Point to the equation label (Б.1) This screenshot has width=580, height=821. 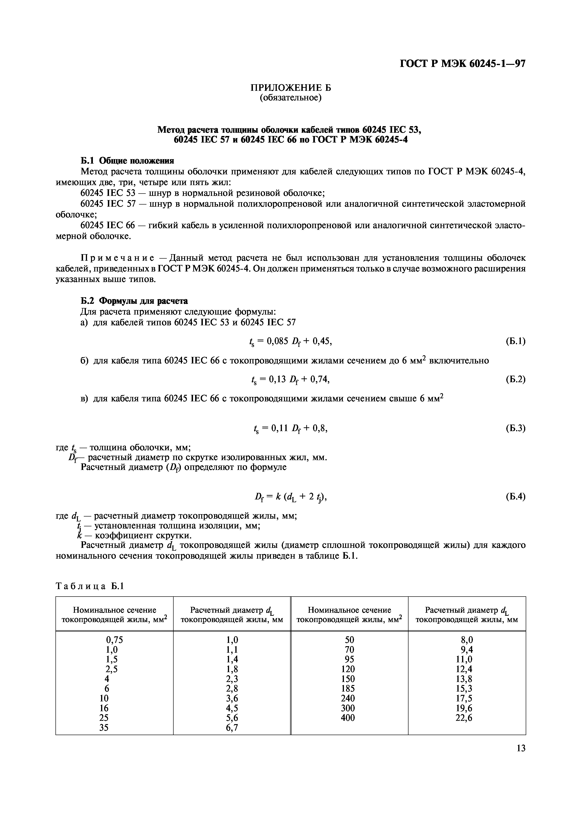tap(515, 341)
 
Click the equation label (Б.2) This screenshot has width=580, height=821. tap(515, 379)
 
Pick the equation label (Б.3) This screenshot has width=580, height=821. tap(515, 428)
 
